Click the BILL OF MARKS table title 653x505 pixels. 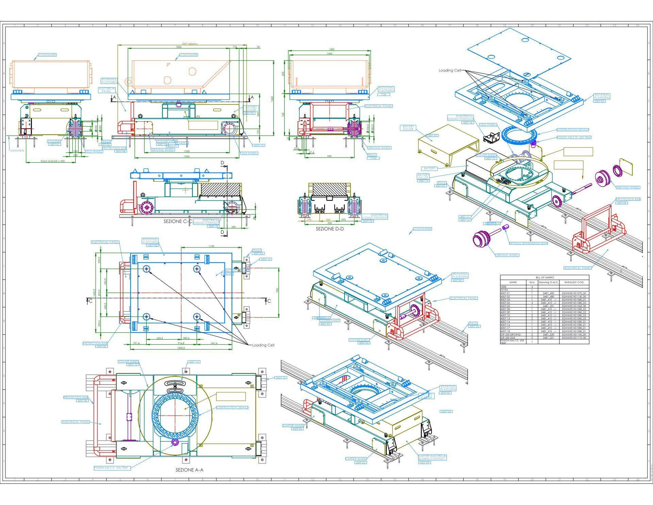544,278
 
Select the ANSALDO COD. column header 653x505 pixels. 574,282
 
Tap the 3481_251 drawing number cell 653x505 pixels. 548,306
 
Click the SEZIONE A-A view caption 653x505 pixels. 189,470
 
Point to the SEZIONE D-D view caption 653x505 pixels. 330,229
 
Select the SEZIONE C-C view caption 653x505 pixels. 178,221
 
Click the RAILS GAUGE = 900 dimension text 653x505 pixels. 52,161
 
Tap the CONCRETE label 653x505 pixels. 17,150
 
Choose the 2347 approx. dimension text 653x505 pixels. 189,44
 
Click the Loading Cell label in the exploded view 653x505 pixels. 450,70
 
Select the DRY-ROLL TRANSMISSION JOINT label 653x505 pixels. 528,243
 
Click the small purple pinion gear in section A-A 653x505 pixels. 175,442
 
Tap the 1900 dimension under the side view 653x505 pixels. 186,156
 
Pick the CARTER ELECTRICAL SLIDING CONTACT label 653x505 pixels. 432,457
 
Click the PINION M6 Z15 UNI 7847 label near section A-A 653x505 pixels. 112,468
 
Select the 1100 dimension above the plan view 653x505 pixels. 211,246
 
